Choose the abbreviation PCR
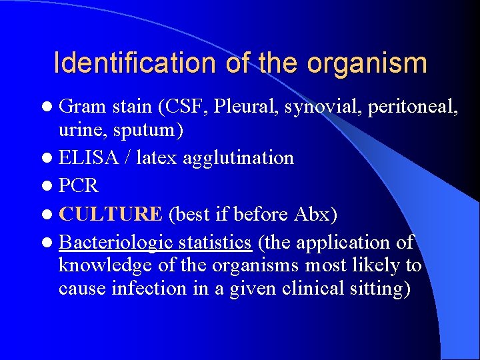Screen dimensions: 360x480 [79, 185]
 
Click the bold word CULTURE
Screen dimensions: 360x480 [111, 214]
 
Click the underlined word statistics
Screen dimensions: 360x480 [211, 242]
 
